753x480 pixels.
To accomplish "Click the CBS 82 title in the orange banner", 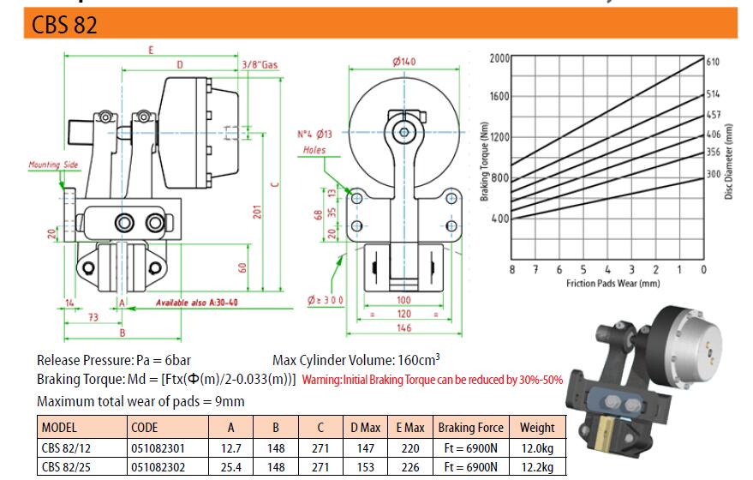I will click(x=64, y=26).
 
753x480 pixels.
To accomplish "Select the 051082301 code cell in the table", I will click(x=158, y=447).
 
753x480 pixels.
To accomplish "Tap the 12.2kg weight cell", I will click(x=536, y=466).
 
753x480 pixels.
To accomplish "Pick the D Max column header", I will click(x=365, y=427).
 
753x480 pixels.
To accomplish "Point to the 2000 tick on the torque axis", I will click(x=499, y=58).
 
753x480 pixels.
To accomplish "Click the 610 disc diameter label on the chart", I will click(x=713, y=62).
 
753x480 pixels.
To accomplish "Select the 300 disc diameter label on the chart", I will click(x=713, y=174).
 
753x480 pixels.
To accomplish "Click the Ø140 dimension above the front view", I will click(x=403, y=61).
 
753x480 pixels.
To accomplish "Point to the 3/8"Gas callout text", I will click(x=260, y=65).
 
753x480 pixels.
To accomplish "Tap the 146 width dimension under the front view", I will click(x=403, y=327).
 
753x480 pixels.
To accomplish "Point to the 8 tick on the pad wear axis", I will click(x=511, y=270).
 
